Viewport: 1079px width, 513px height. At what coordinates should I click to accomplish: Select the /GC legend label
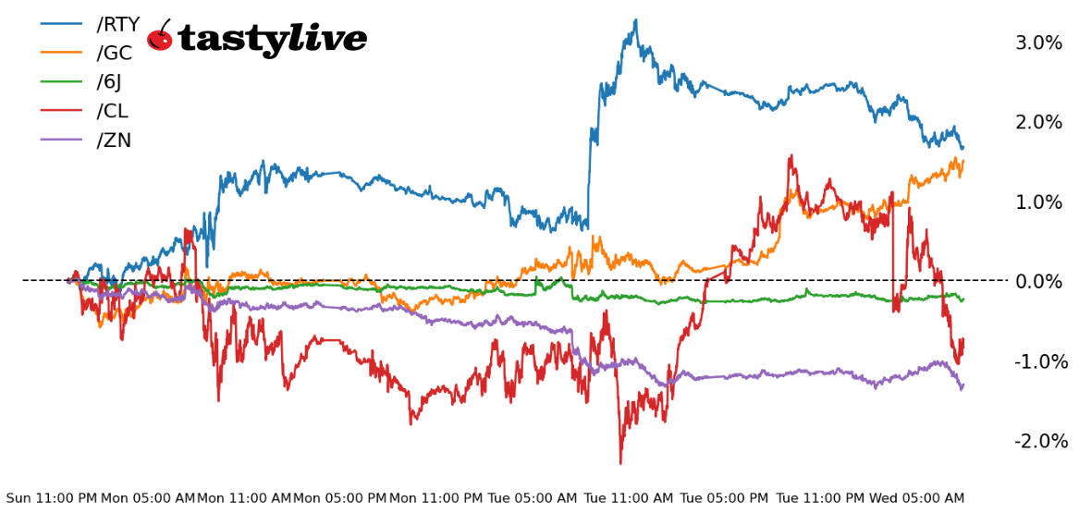(114, 53)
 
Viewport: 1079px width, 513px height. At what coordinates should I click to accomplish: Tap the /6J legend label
(108, 82)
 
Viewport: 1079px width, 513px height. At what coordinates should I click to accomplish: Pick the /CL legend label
(112, 111)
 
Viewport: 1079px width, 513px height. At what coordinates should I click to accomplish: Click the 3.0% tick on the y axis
(1038, 43)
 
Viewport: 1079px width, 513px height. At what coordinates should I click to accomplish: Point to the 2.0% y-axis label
(1038, 122)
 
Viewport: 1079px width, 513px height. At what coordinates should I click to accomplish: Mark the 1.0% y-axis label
(1038, 202)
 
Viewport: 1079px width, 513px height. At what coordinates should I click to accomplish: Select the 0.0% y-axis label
(1038, 281)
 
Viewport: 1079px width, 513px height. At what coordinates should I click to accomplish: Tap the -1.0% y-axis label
(1038, 360)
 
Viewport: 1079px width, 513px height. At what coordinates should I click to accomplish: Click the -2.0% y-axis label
(1038, 441)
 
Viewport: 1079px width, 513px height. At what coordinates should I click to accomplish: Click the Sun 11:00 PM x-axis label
(52, 498)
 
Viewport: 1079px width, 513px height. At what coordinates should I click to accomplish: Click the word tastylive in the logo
(272, 39)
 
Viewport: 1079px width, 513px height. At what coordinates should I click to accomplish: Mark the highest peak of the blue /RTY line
(635, 19)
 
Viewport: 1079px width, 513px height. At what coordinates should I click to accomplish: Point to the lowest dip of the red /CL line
(620, 463)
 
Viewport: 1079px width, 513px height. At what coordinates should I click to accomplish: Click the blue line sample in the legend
(63, 24)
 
